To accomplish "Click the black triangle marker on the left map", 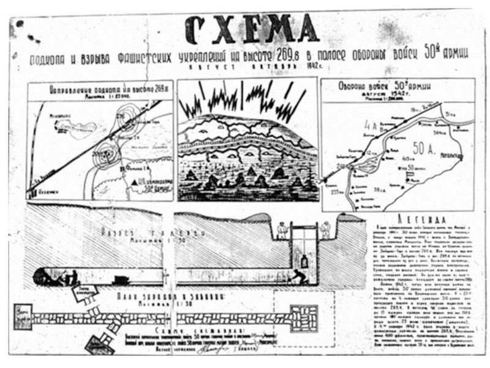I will [134, 181].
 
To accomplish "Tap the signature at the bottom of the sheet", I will [211, 348].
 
